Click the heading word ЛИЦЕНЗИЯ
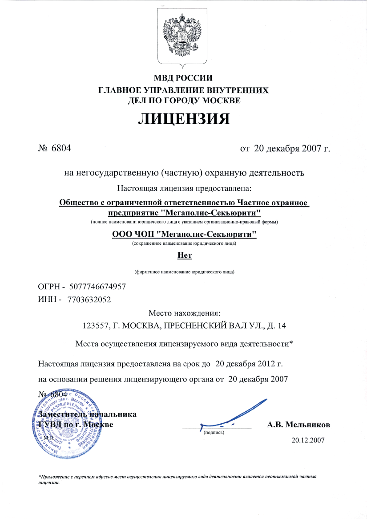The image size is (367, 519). (x=183, y=118)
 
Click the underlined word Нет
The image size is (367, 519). (x=184, y=255)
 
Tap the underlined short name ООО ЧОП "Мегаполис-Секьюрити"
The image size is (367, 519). (x=184, y=234)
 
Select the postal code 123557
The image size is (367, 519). (x=97, y=325)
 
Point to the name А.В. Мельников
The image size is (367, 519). (x=298, y=425)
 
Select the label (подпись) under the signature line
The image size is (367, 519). (x=214, y=432)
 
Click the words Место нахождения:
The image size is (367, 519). (x=184, y=313)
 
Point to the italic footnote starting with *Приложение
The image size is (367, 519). (x=178, y=478)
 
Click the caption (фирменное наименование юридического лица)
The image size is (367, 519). (x=184, y=271)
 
